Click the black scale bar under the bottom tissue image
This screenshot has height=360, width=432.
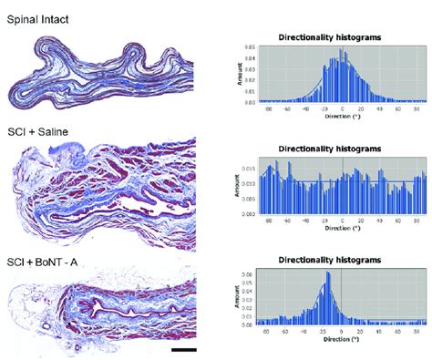tap(183, 347)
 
